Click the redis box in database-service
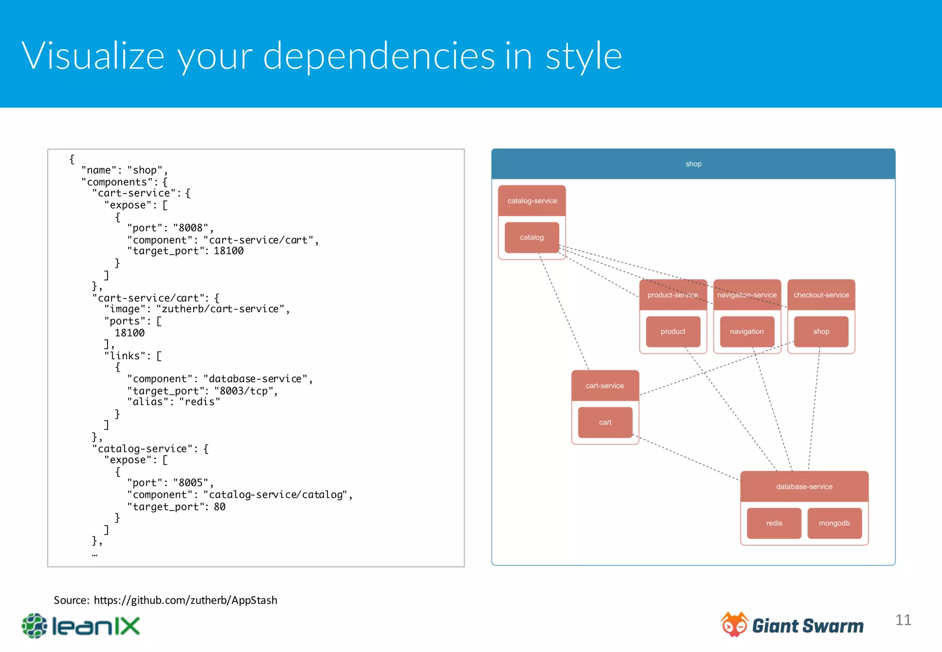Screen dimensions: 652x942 774,523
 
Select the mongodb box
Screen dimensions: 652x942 834,523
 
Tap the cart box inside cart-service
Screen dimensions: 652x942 605,422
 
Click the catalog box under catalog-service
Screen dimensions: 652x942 532,237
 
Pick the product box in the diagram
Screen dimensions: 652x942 673,332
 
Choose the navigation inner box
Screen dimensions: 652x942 747,332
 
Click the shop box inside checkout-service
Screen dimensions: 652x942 821,332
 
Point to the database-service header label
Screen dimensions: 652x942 804,486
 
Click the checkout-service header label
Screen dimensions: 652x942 821,295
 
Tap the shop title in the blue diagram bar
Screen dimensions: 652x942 693,164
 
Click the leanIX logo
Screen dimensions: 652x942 81,626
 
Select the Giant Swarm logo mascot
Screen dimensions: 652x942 734,624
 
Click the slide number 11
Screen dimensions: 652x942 903,620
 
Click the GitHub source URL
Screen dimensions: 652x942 185,600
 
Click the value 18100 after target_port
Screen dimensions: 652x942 229,251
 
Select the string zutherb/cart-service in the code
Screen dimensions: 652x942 222,309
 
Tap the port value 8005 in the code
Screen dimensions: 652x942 191,483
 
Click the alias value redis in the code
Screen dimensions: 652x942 200,402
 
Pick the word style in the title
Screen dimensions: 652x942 583,56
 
